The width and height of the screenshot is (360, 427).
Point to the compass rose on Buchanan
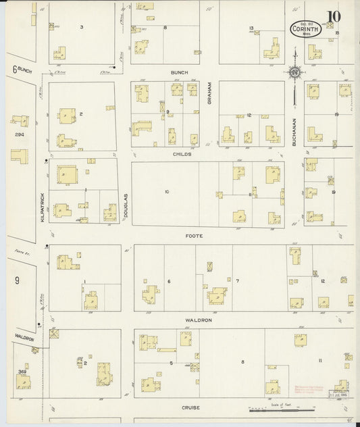(x=295, y=72)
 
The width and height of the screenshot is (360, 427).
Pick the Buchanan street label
(x=295, y=129)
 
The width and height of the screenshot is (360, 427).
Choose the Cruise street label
(x=188, y=408)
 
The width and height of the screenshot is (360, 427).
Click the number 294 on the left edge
(x=19, y=134)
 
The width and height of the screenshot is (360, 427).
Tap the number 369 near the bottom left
(x=22, y=371)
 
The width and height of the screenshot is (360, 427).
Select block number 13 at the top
(x=251, y=28)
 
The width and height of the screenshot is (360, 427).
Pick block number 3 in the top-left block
(x=81, y=26)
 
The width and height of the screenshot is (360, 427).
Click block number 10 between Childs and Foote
(x=166, y=191)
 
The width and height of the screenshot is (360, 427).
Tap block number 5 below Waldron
(x=172, y=363)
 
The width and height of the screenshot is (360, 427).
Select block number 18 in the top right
(x=336, y=32)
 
